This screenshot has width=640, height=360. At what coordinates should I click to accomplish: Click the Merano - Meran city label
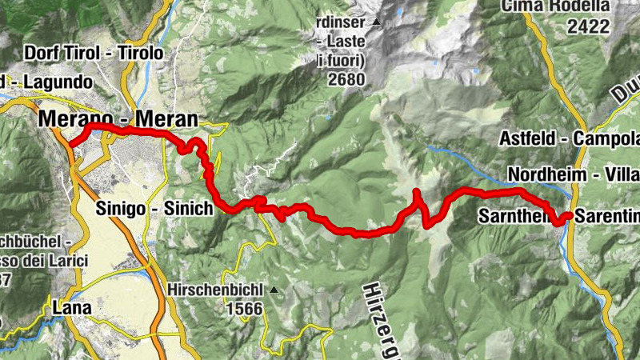click(x=117, y=119)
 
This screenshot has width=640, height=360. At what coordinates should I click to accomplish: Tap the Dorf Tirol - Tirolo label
click(x=94, y=54)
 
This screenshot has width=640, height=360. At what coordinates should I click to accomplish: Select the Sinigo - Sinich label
click(x=166, y=208)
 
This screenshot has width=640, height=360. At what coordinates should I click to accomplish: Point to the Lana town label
click(x=71, y=307)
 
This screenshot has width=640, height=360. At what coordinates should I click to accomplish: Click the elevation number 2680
click(x=346, y=79)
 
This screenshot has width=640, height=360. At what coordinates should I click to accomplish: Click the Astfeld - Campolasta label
click(x=569, y=138)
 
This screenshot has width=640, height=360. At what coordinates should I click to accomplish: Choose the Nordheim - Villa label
click(x=573, y=175)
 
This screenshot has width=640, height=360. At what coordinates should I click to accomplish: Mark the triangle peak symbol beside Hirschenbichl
click(x=274, y=290)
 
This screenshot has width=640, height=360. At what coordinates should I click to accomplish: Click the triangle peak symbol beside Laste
click(x=376, y=22)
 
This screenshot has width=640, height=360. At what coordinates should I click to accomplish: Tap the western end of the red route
click(x=70, y=144)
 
